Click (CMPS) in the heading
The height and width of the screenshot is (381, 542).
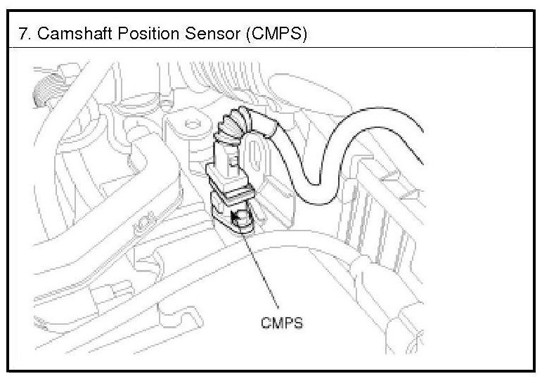[272, 34]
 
